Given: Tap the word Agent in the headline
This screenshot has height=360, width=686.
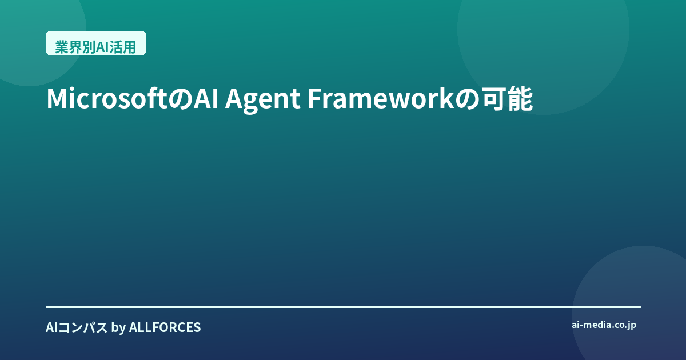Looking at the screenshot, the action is (x=263, y=100).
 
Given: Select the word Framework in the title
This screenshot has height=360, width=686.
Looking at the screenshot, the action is (x=380, y=98).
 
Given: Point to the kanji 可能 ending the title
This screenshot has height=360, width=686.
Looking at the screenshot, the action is (x=508, y=98).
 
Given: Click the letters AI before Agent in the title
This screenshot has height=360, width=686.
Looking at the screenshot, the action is (x=206, y=98).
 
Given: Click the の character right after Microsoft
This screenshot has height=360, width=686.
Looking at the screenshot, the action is (x=180, y=99).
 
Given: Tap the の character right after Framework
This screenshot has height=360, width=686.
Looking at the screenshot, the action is (x=468, y=99).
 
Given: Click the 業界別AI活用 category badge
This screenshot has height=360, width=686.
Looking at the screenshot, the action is (x=96, y=43).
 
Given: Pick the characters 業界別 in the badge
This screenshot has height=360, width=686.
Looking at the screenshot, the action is (x=75, y=47).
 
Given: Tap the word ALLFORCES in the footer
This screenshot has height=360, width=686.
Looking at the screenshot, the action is (x=165, y=327).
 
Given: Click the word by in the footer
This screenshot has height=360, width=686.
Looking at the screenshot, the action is (x=118, y=328).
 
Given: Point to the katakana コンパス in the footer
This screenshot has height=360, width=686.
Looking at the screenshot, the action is (x=83, y=327).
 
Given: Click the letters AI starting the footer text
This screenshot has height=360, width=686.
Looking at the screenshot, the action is (x=51, y=327).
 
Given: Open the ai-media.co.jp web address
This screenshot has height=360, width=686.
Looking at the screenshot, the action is (x=604, y=325).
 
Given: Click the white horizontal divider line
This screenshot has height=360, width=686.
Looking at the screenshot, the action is (x=343, y=306).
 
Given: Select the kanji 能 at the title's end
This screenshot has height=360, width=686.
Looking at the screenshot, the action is (x=520, y=98).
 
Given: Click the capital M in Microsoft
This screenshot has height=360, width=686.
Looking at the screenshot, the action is (x=57, y=98).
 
